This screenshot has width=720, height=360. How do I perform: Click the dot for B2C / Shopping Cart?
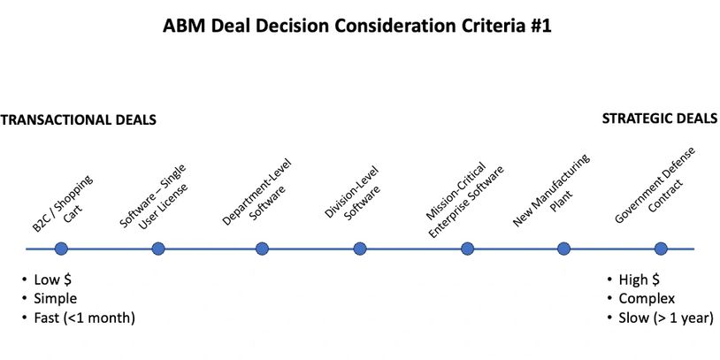(x=61, y=249)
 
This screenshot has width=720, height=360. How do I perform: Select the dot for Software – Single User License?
(x=158, y=249)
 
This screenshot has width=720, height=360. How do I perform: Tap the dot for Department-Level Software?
(x=262, y=249)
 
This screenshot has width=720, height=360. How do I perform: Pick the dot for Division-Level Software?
(x=360, y=249)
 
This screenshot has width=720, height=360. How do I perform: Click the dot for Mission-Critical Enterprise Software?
(x=467, y=249)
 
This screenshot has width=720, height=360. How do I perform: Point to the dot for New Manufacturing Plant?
(x=563, y=249)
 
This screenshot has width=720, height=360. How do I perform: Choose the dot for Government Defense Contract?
(x=661, y=249)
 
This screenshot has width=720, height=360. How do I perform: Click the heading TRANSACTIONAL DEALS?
(x=78, y=120)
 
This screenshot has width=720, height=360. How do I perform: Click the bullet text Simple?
(x=55, y=298)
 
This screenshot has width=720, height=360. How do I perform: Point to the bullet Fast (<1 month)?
(x=85, y=318)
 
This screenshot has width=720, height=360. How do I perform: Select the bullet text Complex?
(x=647, y=298)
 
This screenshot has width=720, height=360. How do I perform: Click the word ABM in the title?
(x=183, y=26)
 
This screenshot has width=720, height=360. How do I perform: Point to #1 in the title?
(x=541, y=26)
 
